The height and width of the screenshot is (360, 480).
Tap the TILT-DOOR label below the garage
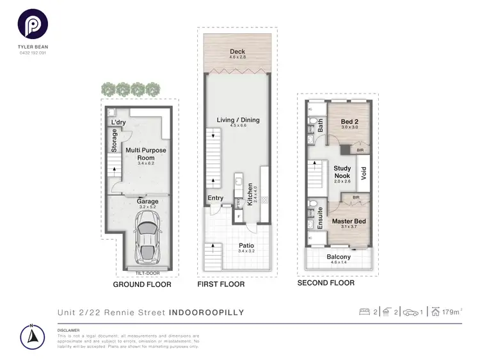[147, 272]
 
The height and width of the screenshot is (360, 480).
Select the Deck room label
[237, 52]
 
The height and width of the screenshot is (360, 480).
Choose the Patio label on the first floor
[246, 245]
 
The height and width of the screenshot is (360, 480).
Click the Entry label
[216, 198]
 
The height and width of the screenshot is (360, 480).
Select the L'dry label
[118, 122]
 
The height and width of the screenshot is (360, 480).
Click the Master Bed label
[348, 221]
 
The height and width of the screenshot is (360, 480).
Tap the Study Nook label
[343, 172]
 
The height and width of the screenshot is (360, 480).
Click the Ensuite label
[320, 218]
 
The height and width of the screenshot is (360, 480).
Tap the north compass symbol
[32, 335]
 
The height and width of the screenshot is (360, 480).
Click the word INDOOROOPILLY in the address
[207, 313]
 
